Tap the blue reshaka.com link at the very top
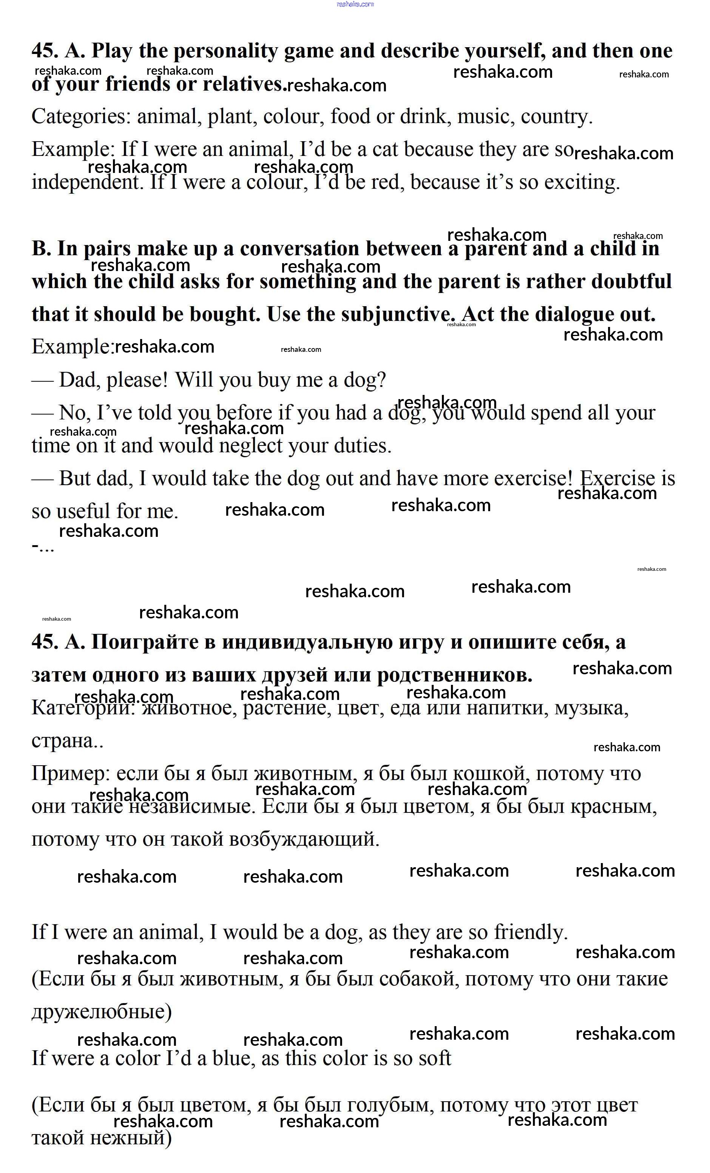(x=355, y=4)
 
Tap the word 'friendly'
(x=530, y=932)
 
